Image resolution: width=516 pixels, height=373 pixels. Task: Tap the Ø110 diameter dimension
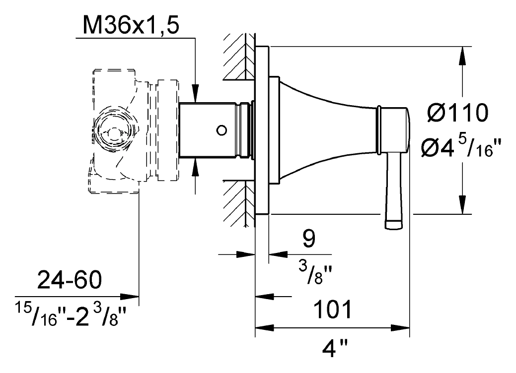pos(458,113)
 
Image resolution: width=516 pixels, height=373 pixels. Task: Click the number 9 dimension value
pos(308,239)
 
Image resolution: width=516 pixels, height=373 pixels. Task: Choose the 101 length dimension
pos(333,309)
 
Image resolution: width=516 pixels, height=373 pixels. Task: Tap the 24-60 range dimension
pos(70,280)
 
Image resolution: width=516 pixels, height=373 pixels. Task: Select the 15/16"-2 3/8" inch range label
pos(71,315)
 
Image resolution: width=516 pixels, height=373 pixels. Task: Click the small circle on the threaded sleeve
pos(222,130)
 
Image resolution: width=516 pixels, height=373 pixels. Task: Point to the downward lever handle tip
pos(394,225)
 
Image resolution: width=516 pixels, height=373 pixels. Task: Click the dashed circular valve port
pos(114,128)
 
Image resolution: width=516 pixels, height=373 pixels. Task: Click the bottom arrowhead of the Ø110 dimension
pos(462,205)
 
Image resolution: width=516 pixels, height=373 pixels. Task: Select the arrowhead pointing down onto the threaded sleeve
pos(196,94)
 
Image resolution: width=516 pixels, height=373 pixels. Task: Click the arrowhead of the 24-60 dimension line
pos(129,297)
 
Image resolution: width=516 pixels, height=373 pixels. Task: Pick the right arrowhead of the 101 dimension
pos(400,328)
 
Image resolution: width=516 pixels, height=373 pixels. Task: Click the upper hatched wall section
pos(239,56)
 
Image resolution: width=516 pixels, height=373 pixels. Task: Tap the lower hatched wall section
pos(239,203)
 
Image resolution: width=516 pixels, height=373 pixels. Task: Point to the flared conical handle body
pos(327,130)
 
